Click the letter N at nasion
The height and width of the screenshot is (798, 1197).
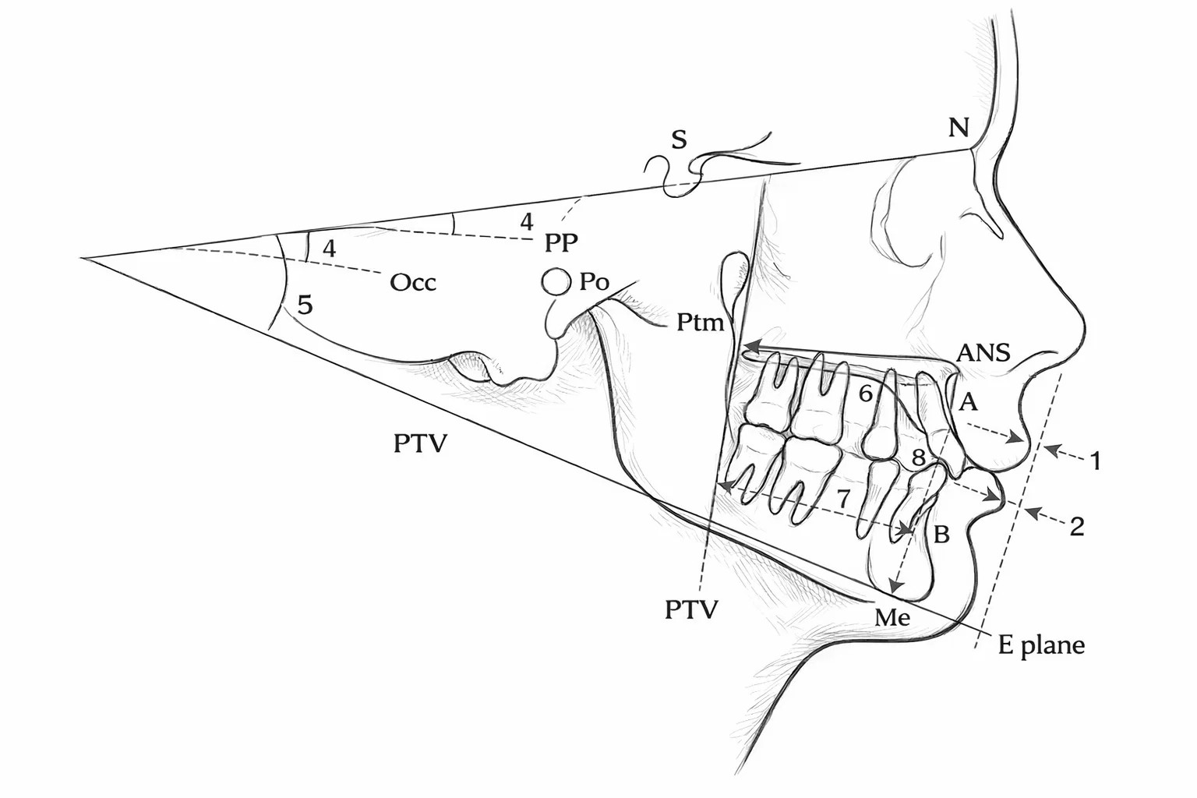click(x=958, y=128)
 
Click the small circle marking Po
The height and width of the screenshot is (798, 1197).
click(x=556, y=281)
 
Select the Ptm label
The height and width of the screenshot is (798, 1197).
click(x=700, y=323)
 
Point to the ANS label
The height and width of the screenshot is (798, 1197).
click(x=983, y=353)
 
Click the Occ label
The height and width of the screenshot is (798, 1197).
click(x=412, y=282)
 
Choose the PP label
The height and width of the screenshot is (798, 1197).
click(x=561, y=242)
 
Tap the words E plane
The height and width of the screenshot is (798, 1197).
click(x=1041, y=646)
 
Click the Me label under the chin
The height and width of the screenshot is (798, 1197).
click(x=892, y=617)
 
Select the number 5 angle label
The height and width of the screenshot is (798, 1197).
click(x=305, y=305)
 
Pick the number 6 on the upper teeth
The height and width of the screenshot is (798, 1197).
click(x=865, y=394)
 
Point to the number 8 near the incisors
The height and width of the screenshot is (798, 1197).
click(x=918, y=457)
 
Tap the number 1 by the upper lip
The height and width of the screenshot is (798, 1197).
click(x=1096, y=461)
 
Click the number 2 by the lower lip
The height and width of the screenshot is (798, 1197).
click(x=1077, y=528)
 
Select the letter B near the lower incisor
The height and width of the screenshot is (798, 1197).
click(x=941, y=534)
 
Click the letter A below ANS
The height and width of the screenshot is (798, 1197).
click(x=969, y=402)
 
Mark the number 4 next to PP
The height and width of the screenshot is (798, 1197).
click(x=527, y=221)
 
